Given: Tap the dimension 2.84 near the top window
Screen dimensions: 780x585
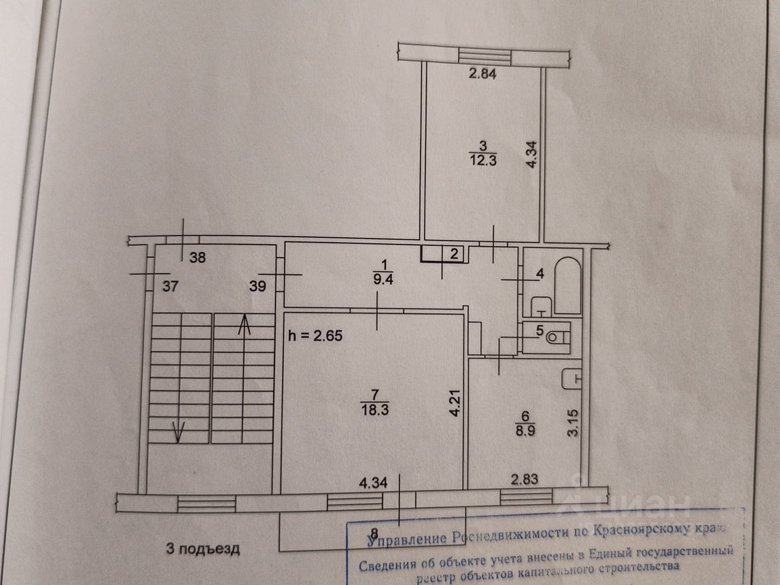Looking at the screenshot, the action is tap(483, 75).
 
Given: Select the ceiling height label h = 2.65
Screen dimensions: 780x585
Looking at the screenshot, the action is tap(316, 335).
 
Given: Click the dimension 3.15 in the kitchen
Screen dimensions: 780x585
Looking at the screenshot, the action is tap(575, 421).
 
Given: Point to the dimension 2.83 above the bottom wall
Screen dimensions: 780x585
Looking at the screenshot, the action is tap(525, 480).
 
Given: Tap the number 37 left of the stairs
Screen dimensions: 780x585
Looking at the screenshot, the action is tap(171, 287).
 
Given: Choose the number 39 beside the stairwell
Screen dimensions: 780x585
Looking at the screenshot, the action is tap(258, 287).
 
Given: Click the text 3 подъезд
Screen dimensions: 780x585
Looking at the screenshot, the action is tap(203, 549).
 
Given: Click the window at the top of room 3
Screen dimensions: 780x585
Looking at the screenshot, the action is tap(484, 55).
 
